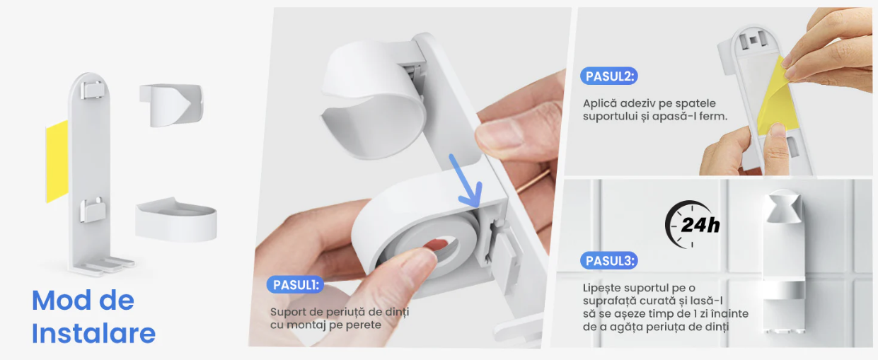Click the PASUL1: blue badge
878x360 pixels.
pos(295,285)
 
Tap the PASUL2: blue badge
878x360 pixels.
pos(609,76)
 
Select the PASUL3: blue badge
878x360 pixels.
pos(609,260)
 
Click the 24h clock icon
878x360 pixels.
pos(693,224)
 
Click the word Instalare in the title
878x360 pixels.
pos(93,333)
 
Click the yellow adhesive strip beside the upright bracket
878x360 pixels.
pos(57,161)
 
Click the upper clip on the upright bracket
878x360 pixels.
pos(93,90)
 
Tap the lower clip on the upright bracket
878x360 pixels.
pos(93,210)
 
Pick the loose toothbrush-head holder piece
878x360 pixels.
pos(171,105)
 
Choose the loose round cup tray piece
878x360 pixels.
pos(176,219)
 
